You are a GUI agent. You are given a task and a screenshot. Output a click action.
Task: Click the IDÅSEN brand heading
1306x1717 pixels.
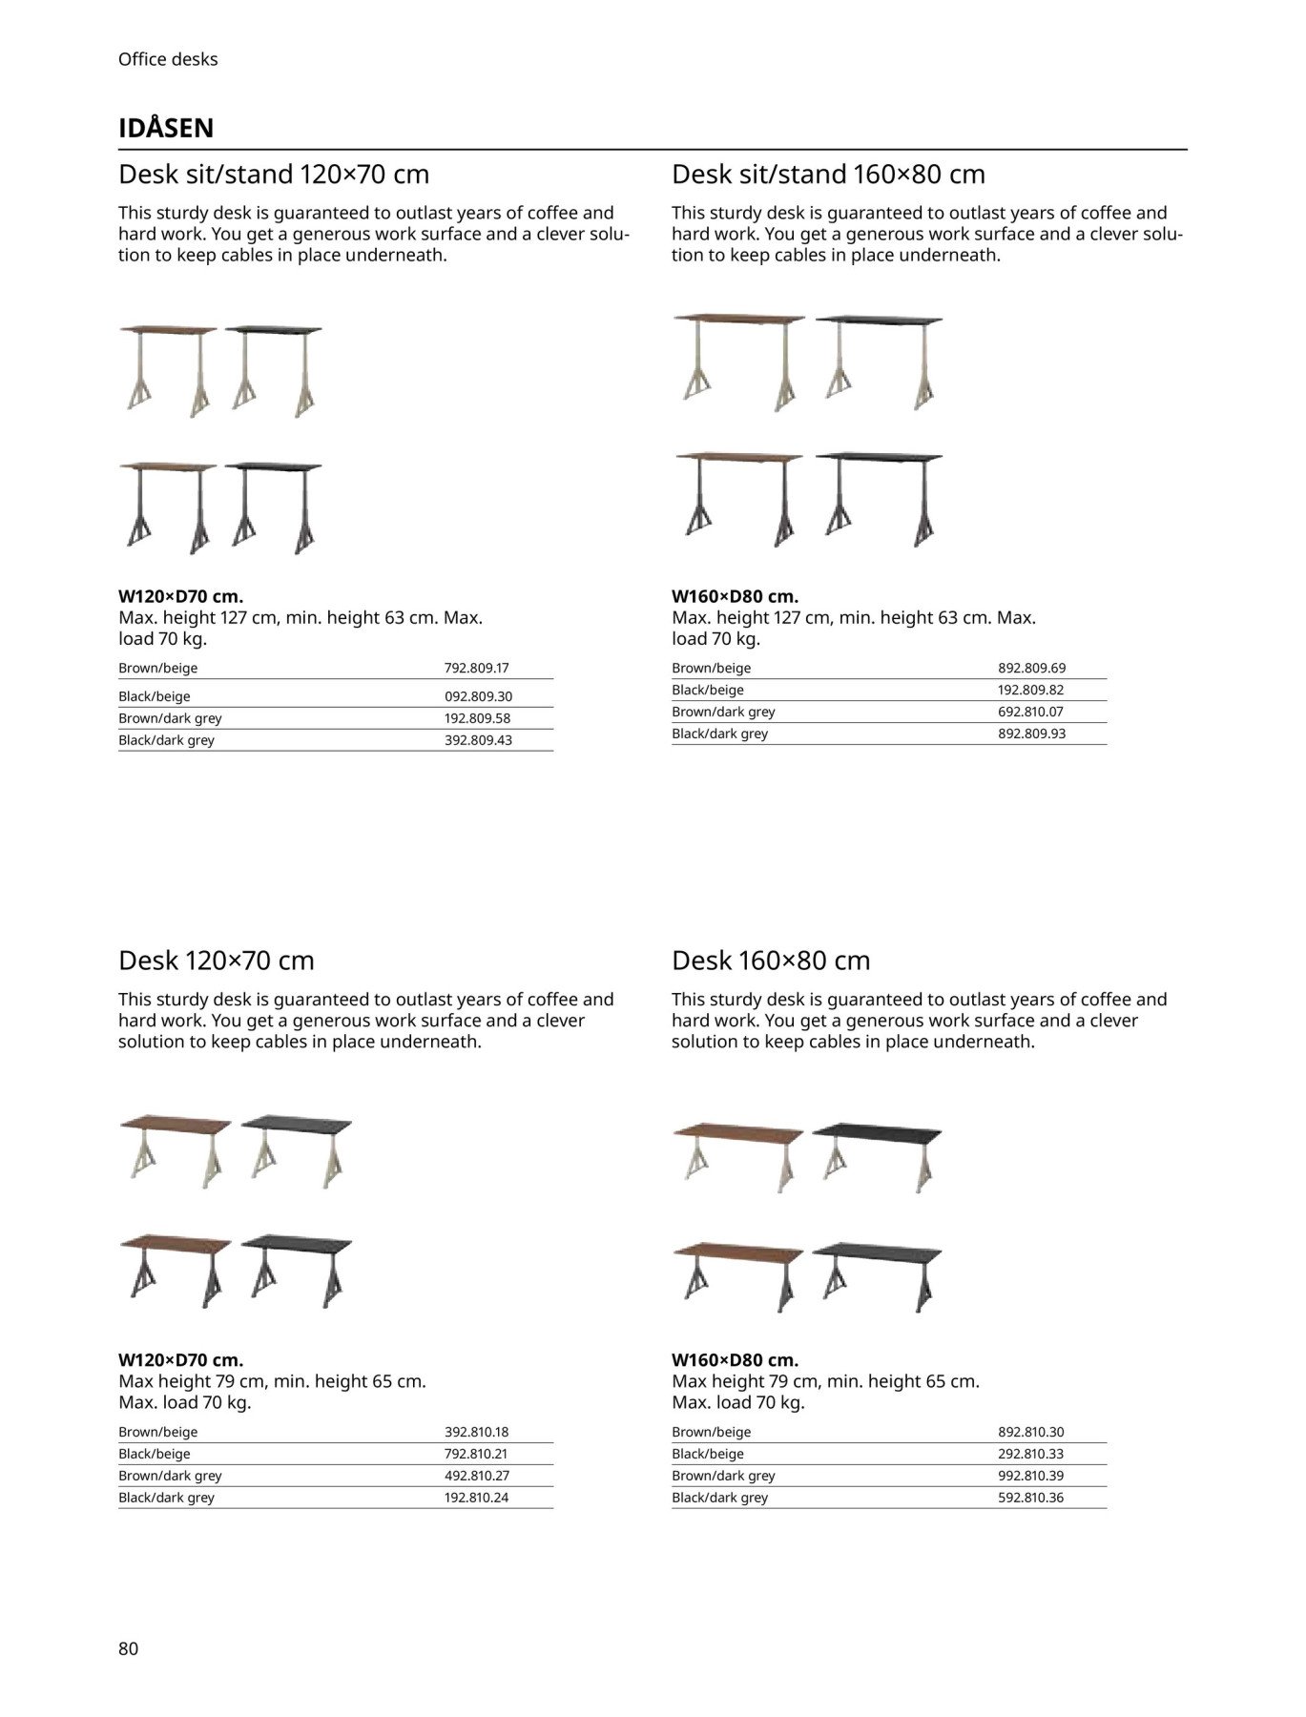click(x=166, y=128)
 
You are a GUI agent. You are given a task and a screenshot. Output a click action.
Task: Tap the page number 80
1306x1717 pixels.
click(x=129, y=1648)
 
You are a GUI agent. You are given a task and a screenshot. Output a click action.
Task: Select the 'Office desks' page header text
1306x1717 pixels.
click(x=168, y=59)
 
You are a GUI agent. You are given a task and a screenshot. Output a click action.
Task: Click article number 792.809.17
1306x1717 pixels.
click(x=477, y=668)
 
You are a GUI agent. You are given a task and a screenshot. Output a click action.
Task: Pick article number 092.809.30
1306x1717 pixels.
click(x=478, y=696)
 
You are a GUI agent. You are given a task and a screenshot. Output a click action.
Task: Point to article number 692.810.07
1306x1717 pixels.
click(x=1030, y=712)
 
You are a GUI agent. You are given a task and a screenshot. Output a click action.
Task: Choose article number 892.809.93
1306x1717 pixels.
click(x=1031, y=734)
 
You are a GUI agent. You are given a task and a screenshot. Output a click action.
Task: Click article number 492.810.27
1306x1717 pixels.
click(x=477, y=1475)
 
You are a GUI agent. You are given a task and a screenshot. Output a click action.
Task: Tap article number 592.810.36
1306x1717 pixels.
click(x=1030, y=1497)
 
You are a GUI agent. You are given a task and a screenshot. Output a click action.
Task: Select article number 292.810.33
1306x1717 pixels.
click(x=1030, y=1454)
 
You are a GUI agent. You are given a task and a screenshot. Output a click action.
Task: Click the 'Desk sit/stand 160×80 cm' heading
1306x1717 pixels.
click(x=828, y=175)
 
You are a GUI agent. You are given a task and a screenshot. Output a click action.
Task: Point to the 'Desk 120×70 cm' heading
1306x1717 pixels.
click(x=217, y=961)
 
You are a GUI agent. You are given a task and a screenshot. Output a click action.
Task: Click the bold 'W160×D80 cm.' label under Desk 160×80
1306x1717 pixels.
click(x=735, y=1359)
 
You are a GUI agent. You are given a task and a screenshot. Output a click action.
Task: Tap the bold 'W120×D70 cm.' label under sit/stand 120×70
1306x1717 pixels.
click(x=180, y=596)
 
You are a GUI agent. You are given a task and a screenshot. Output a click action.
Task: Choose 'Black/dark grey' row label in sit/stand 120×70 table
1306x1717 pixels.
click(x=166, y=740)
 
